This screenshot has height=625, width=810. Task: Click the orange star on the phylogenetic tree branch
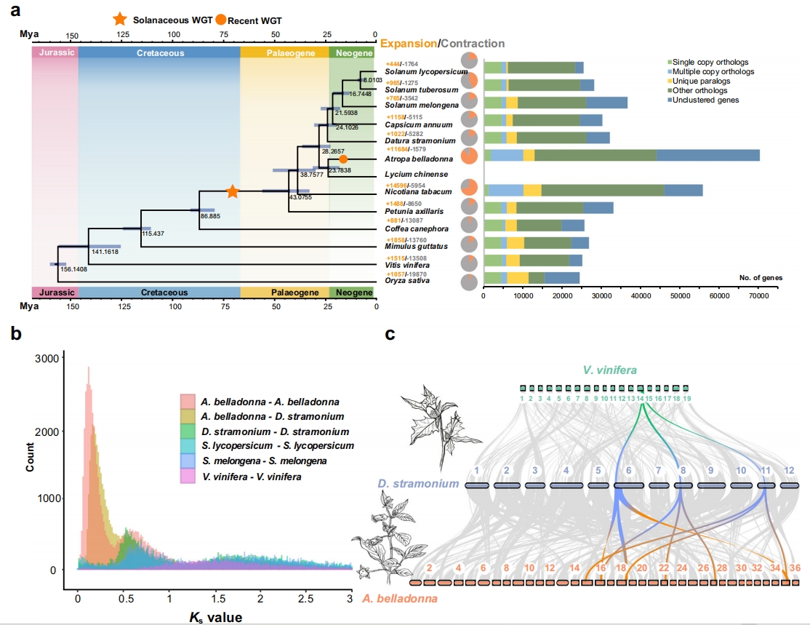[x=232, y=191]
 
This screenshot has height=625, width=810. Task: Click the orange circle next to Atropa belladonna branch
[x=343, y=159]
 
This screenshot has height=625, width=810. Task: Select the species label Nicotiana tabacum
[x=414, y=192]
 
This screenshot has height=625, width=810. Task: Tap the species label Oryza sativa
[x=409, y=280]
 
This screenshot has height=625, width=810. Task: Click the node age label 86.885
[x=211, y=216]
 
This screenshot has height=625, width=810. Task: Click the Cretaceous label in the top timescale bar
[x=160, y=53]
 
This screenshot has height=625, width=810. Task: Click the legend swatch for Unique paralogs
[x=668, y=81]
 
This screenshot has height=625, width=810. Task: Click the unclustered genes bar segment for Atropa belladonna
[x=708, y=155]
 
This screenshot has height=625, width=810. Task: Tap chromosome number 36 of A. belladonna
[x=795, y=568]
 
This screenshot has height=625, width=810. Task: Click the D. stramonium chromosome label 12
[x=789, y=471]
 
